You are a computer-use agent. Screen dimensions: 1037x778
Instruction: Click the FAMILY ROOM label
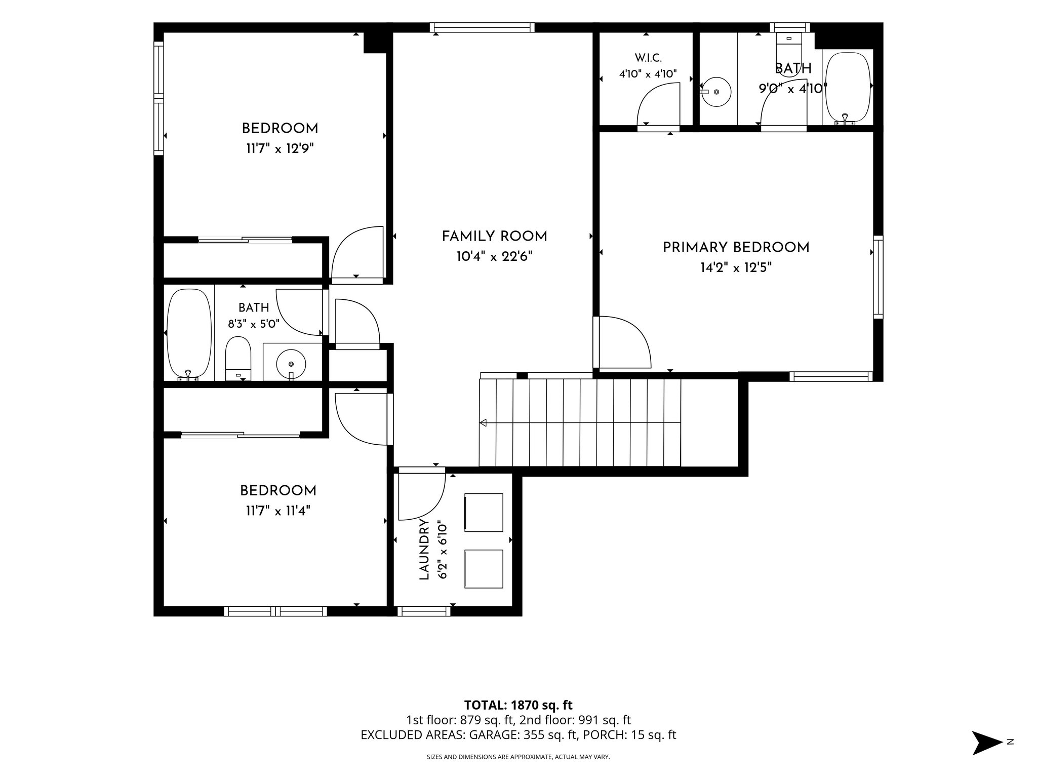pos(494,237)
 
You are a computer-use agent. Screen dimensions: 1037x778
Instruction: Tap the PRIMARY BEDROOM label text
pos(736,248)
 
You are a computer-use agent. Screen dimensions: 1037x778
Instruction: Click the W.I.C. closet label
pos(648,58)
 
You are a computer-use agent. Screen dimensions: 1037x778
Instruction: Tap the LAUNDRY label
pos(424,550)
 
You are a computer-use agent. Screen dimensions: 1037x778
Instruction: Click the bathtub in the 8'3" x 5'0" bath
pos(189,334)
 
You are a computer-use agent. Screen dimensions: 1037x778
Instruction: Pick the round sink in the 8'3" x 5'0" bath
pos(291,363)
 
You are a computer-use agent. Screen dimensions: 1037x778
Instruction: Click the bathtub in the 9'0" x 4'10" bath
pos(849,87)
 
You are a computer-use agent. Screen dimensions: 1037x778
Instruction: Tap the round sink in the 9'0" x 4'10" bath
pos(716,92)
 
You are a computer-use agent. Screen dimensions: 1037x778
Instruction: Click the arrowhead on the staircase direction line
pos(483,422)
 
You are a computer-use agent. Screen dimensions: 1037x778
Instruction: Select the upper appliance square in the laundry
pos(484,513)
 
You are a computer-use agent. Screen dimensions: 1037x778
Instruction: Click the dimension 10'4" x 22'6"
pos(494,257)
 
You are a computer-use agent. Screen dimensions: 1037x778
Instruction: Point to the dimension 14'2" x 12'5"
pos(736,267)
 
